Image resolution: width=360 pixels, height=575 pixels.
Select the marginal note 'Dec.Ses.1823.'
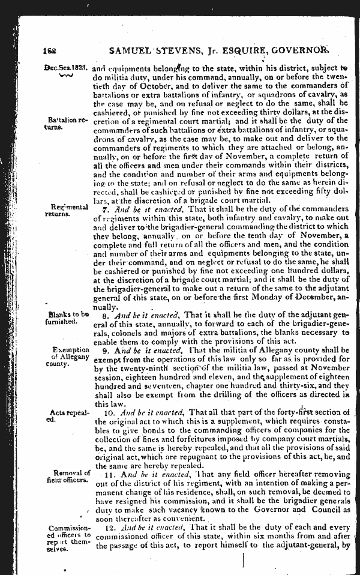(63, 68)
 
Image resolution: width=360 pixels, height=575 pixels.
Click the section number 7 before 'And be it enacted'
(106, 211)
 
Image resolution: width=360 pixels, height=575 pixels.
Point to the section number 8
(106, 314)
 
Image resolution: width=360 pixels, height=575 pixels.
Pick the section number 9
(106, 349)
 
